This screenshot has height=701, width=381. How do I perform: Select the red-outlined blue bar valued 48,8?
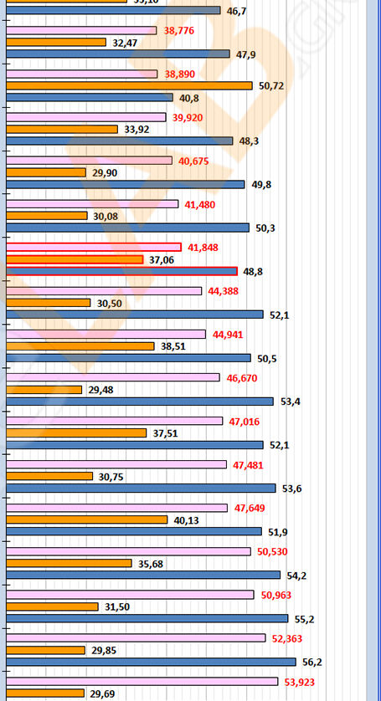(x=121, y=271)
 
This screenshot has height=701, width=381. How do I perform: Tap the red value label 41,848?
(x=204, y=248)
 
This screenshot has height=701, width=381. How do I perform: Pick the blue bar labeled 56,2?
(x=151, y=662)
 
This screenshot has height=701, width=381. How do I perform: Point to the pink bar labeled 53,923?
(x=142, y=681)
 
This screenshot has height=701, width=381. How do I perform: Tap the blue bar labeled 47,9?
(x=117, y=54)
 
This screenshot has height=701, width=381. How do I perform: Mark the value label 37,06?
(x=161, y=260)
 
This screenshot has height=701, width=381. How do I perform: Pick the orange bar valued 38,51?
(x=80, y=345)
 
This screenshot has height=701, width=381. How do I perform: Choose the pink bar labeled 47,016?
(x=114, y=421)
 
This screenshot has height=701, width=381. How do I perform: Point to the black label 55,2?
(x=304, y=619)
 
